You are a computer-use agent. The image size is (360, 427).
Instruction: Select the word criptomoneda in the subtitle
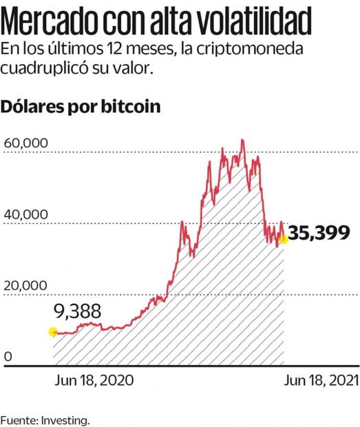279,52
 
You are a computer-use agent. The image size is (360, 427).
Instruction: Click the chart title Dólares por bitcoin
81,107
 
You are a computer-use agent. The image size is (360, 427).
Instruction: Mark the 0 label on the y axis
8,356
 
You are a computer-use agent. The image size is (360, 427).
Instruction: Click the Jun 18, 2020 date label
86,379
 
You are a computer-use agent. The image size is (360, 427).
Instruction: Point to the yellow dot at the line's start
53,332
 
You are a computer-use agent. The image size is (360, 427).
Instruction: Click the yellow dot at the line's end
283,239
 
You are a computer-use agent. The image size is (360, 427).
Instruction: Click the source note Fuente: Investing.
45,419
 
